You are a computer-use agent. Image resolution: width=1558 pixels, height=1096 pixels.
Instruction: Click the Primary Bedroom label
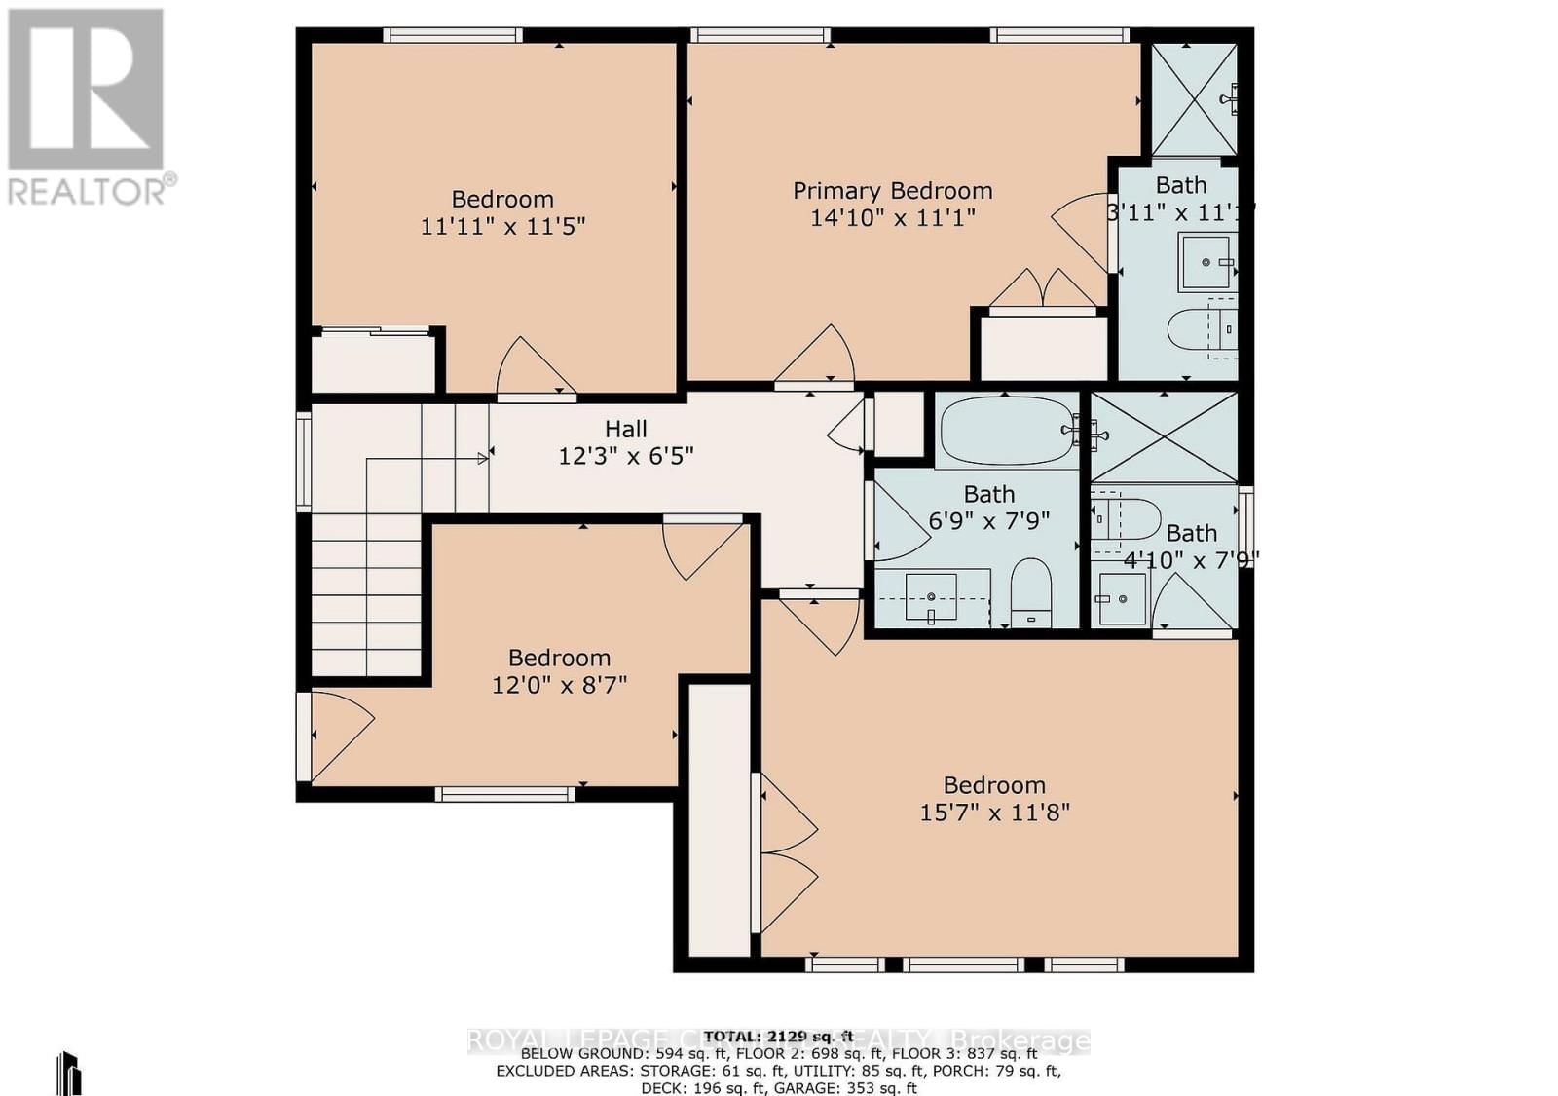coord(892,191)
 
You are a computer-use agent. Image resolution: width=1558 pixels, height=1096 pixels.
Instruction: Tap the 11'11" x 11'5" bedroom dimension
coord(502,226)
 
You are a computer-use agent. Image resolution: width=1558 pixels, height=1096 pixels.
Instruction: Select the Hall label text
coord(625,429)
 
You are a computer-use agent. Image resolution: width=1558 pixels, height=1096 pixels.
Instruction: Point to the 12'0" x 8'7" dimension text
coord(559,685)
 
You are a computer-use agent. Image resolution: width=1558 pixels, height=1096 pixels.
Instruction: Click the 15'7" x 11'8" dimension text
coord(994,813)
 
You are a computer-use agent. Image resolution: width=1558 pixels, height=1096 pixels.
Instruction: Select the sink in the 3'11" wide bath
coord(1206,261)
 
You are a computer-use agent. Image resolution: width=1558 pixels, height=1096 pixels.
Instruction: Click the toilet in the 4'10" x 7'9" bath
coord(1126,520)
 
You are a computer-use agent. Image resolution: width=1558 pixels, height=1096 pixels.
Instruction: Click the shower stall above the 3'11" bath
coord(1194,99)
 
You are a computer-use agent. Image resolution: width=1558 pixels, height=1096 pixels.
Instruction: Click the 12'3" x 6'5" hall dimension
coord(625,455)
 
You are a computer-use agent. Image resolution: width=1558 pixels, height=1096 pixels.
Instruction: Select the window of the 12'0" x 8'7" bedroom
coord(504,795)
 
